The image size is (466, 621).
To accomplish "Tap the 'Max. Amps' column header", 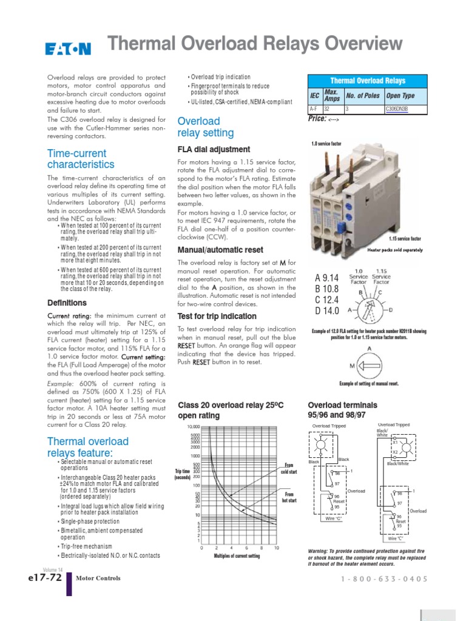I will coord(331,96).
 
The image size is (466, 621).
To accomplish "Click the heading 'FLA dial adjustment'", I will coord(213,149).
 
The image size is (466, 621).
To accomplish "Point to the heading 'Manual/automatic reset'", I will coord(220,250).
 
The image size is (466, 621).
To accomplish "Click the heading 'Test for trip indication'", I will coord(217,317).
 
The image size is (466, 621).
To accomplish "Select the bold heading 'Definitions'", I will coord(67,303).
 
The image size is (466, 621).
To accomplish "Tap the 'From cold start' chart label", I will coord(288,468).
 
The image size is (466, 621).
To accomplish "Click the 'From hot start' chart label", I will coord(288,497).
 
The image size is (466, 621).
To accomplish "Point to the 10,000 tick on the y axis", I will coord(192,427).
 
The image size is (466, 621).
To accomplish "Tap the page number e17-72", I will coord(43,578).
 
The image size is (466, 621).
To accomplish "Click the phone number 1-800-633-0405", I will coord(385,579).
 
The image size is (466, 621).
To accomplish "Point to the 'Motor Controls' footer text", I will coord(98,579).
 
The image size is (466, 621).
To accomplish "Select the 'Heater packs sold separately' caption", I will coord(395,250).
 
